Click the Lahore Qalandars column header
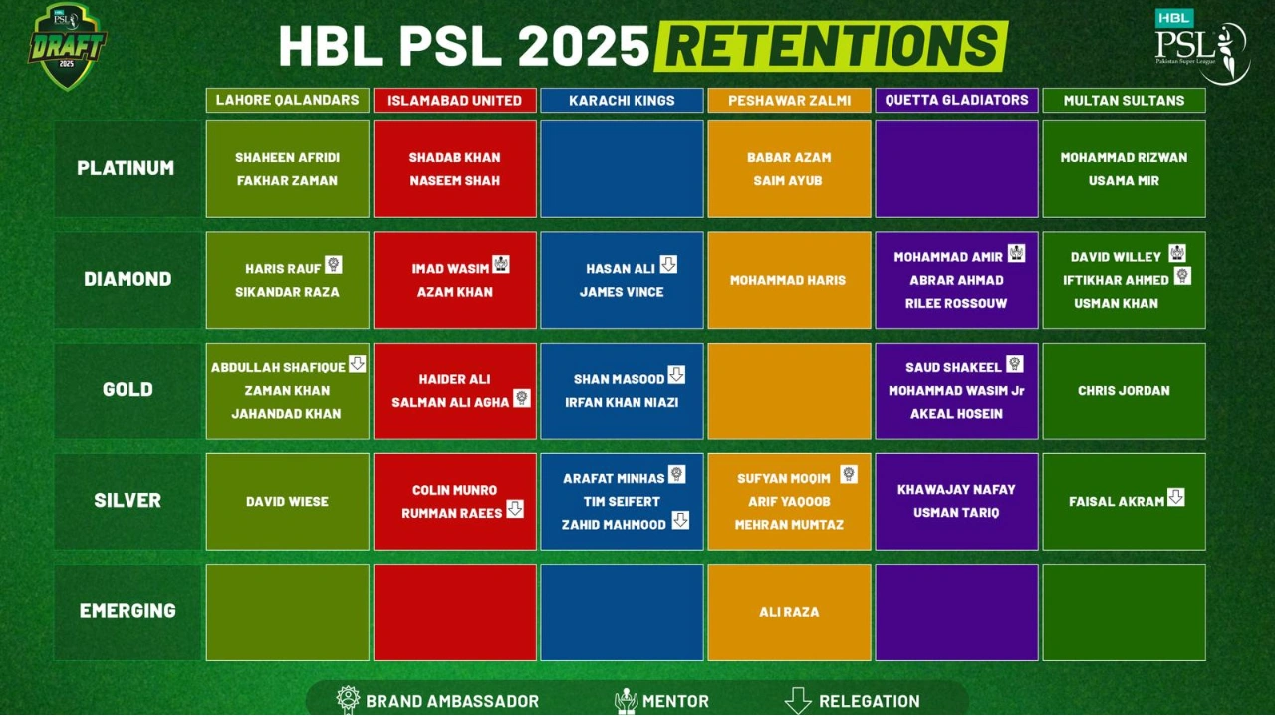coord(287,100)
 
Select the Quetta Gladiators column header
coord(956,100)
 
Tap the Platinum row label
coord(127,168)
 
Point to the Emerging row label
coord(127,611)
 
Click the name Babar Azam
coord(789,157)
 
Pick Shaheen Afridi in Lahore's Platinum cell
coord(287,157)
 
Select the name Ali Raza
coord(789,612)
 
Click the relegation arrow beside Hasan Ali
coord(668,264)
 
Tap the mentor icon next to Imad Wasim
coord(500,264)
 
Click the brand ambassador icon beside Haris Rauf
coord(333,264)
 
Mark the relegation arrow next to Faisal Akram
coord(1175,497)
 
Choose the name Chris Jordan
coord(1124,391)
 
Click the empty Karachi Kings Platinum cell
coord(622,168)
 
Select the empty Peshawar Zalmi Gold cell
coord(789,390)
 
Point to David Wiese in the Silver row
coord(287,502)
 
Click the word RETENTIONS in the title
coord(831,46)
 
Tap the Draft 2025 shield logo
coord(67,45)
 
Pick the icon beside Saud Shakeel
coord(1014,363)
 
